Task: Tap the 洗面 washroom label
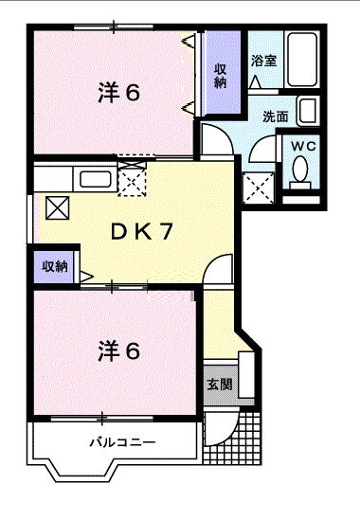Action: click(x=276, y=117)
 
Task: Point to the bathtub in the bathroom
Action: click(x=300, y=61)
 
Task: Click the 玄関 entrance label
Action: click(x=220, y=386)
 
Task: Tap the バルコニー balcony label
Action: click(x=123, y=442)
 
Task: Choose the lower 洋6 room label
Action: click(x=118, y=350)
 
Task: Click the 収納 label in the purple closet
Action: click(x=220, y=75)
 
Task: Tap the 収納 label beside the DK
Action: click(x=54, y=266)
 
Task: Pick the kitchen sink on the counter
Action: click(x=96, y=178)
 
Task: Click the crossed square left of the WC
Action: click(x=258, y=188)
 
